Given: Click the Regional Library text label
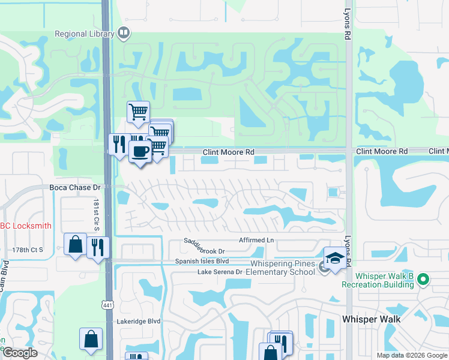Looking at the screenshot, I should click(84, 34).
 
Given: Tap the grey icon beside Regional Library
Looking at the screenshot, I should click(124, 33).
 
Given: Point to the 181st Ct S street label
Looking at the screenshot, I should click(95, 214).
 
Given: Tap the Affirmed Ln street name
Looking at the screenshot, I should click(256, 241).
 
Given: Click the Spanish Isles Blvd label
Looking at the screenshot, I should click(202, 262).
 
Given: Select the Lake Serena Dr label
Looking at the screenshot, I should click(220, 272).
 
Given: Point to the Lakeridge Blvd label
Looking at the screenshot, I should click(139, 321).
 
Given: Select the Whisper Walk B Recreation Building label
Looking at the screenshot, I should click(385, 280).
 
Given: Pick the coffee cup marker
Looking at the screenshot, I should click(140, 151).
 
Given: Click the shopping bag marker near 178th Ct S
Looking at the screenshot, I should click(75, 244).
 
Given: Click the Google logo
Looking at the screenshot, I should click(20, 353).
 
